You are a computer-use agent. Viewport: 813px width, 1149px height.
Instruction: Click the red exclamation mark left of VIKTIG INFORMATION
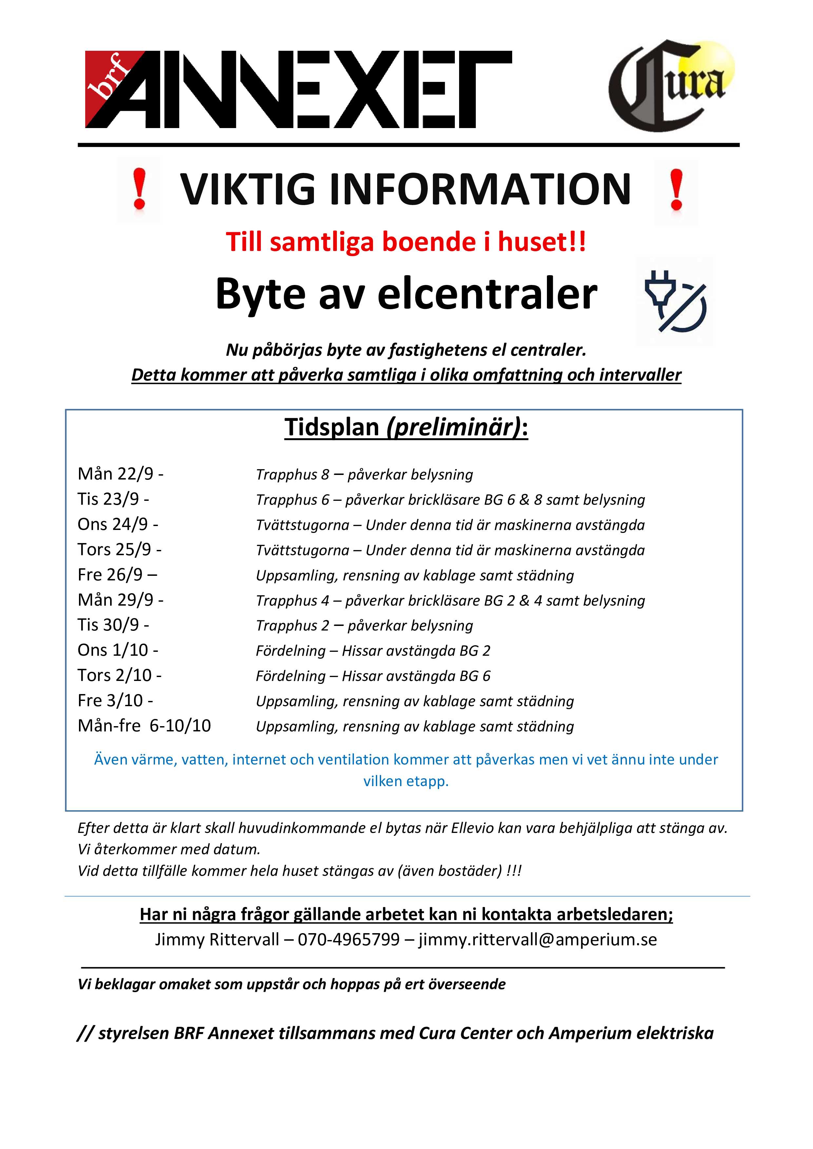pos(139,189)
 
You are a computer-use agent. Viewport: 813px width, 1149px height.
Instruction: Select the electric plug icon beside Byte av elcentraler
pos(675,302)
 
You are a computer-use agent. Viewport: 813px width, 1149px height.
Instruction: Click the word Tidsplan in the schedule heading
pos(331,427)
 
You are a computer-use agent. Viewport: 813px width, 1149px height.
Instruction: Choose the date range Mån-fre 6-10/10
pos(144,725)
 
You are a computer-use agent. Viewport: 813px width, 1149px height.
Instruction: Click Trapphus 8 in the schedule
pos(292,474)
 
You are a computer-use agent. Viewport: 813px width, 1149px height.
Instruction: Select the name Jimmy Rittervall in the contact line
pos(217,939)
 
